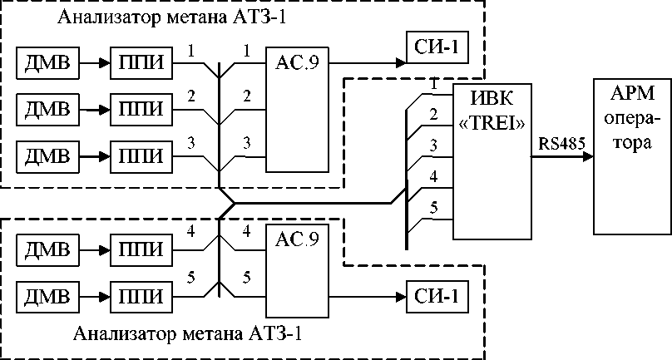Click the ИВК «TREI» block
tap(491, 158)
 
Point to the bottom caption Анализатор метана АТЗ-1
tap(194, 336)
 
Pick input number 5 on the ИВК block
tap(432, 206)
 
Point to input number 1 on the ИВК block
tap(432, 85)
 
